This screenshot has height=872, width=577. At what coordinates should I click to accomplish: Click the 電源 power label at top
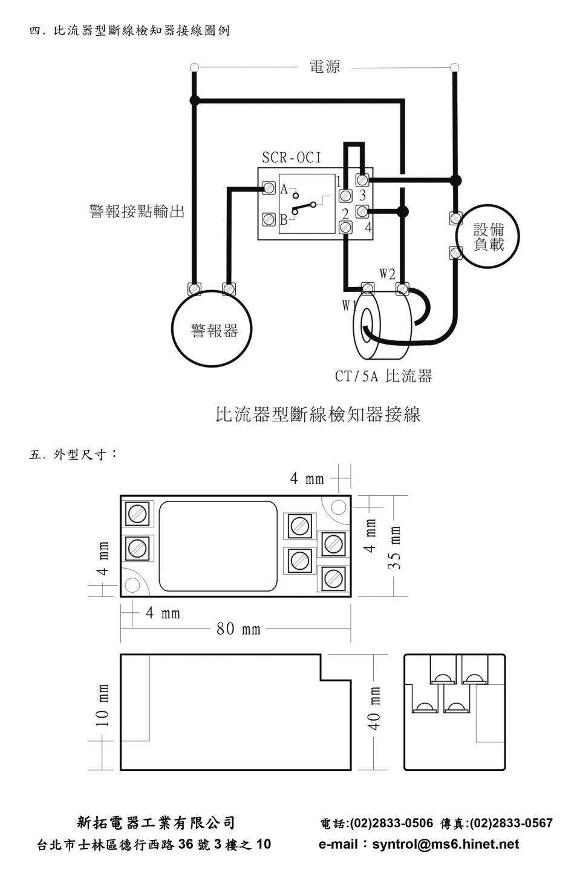tap(325, 67)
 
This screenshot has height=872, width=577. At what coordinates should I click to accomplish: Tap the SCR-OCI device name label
tap(292, 157)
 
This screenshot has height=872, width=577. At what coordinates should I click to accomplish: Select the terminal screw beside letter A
tap(269, 188)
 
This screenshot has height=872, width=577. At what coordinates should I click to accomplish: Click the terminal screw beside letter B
tap(269, 219)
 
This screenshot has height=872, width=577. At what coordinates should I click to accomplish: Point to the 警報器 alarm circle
tap(212, 329)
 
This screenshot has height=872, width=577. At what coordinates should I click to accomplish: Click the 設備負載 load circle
tap(488, 236)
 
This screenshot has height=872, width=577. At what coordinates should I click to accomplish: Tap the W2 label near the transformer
tap(388, 274)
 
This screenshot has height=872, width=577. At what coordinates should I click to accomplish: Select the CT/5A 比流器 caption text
tap(383, 376)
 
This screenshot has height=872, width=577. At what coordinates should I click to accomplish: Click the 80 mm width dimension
tap(238, 629)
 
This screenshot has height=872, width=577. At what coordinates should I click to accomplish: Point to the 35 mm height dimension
tap(394, 547)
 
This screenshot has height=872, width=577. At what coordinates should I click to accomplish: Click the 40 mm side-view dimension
tap(374, 708)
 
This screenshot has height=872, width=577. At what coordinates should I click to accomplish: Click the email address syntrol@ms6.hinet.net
tap(446, 844)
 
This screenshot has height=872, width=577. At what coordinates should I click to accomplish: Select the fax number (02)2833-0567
tap(511, 823)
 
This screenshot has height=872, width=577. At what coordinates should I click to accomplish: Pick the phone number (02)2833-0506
tap(391, 823)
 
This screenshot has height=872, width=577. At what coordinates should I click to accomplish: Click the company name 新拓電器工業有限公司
tap(155, 823)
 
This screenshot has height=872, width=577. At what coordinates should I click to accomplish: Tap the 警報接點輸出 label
tap(137, 211)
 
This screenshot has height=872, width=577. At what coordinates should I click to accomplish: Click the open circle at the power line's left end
tap(194, 68)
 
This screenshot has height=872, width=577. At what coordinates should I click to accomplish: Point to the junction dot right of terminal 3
tap(455, 180)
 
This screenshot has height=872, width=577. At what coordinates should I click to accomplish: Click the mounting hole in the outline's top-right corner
tap(338, 507)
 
